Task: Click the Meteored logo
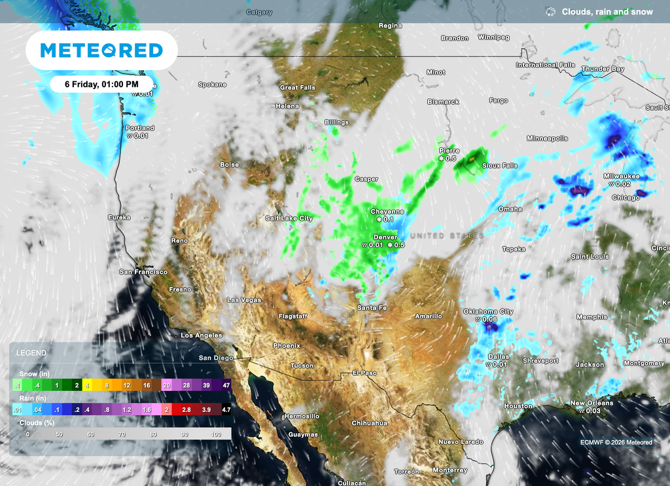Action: click(x=101, y=50)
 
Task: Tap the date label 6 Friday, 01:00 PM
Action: click(x=101, y=84)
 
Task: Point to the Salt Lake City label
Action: click(x=289, y=218)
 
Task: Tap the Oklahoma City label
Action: click(x=488, y=311)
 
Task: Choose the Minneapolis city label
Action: click(x=547, y=138)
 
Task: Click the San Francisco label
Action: click(x=143, y=271)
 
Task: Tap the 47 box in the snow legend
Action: click(x=226, y=386)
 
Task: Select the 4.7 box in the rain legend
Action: click(x=226, y=409)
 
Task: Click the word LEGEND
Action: click(x=31, y=352)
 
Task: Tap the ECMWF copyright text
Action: click(x=616, y=442)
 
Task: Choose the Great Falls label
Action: click(x=298, y=88)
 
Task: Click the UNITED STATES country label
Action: click(x=446, y=236)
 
